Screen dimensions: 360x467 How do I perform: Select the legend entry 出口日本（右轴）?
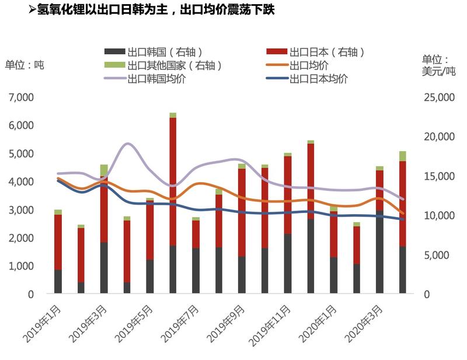(326, 53)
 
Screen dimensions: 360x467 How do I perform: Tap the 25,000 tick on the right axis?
(437, 97)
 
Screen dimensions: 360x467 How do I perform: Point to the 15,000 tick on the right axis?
(437, 176)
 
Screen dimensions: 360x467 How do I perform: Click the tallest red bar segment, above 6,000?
(173, 181)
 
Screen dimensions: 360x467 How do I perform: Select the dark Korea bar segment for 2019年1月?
(58, 282)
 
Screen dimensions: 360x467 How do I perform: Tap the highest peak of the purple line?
(128, 144)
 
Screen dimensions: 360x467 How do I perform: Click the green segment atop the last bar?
(403, 156)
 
